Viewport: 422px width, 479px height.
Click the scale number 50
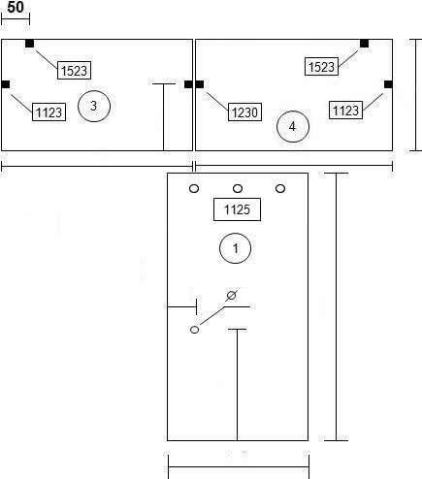pyautogui.click(x=16, y=7)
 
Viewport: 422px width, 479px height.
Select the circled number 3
pyautogui.click(x=94, y=106)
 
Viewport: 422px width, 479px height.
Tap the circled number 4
pyautogui.click(x=293, y=126)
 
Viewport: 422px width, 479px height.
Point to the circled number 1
pyautogui.click(x=235, y=248)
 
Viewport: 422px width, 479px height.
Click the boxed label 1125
pyautogui.click(x=237, y=209)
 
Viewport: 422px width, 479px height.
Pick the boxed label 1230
pyautogui.click(x=244, y=112)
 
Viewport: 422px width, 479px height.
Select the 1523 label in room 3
pyautogui.click(x=74, y=70)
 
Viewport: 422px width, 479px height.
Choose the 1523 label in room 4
pyautogui.click(x=321, y=67)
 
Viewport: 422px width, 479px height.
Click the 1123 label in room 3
pyautogui.click(x=49, y=112)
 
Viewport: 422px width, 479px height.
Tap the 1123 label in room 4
pyautogui.click(x=345, y=111)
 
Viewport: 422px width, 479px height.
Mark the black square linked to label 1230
pyautogui.click(x=200, y=84)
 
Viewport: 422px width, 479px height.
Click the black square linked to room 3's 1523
pyautogui.click(x=29, y=44)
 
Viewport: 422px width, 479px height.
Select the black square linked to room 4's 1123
pyautogui.click(x=388, y=84)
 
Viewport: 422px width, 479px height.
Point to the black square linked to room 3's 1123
pyautogui.click(x=6, y=84)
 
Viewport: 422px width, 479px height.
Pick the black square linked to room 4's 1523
pyautogui.click(x=364, y=44)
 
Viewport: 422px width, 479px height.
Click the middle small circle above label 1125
pyautogui.click(x=238, y=188)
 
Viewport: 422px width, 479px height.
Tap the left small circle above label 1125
pyautogui.click(x=194, y=188)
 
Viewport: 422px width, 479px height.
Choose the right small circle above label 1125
pyautogui.click(x=280, y=188)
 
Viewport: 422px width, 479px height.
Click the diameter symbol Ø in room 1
pyautogui.click(x=231, y=296)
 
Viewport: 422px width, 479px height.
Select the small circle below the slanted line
pyautogui.click(x=194, y=330)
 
